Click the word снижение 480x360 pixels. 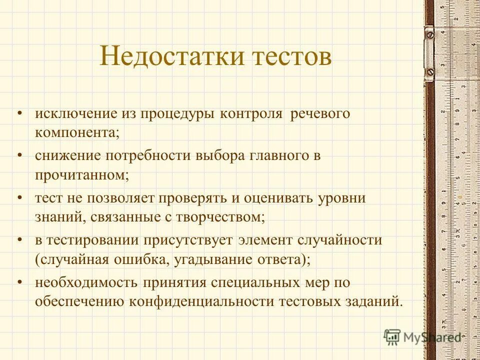67,155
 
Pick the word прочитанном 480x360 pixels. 81,175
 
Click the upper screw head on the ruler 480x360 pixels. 429,35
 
